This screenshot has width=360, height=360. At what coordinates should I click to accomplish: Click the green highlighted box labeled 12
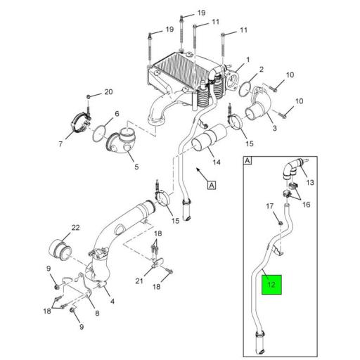tap(271, 284)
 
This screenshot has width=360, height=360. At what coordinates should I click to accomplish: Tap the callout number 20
tap(108, 92)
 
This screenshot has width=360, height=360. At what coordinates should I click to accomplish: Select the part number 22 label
tap(76, 228)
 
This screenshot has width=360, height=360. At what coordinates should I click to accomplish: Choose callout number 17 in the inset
tap(269, 205)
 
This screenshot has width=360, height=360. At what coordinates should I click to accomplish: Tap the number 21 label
tap(139, 281)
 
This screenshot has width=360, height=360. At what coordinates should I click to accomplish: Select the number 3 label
tap(275, 129)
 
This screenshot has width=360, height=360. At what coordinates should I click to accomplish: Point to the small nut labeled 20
tap(89, 95)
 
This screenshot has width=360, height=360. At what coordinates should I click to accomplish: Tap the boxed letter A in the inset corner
tap(247, 160)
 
